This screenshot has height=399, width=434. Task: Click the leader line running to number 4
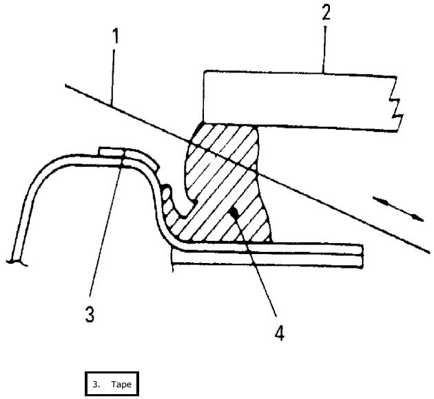pyautogui.click(x=258, y=269)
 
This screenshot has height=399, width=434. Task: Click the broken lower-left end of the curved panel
pyautogui.click(x=15, y=260)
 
